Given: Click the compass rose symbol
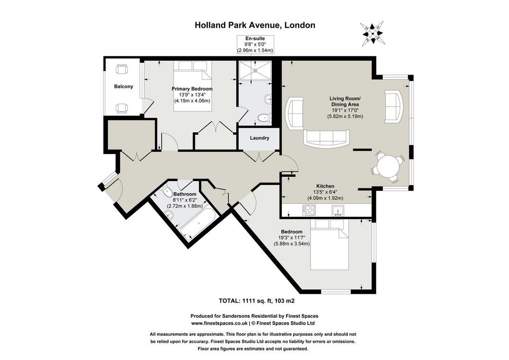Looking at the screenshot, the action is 372,34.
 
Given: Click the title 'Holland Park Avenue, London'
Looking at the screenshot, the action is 255,25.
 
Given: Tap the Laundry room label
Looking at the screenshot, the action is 259,138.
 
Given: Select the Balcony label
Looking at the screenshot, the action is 123,87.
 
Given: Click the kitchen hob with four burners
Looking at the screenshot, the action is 308,210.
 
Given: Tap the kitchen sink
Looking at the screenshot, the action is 338,210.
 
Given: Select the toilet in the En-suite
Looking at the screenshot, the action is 264,118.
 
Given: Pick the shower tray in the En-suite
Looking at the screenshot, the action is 255,70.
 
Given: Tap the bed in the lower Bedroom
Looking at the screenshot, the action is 330,245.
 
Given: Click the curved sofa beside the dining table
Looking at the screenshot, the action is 394,106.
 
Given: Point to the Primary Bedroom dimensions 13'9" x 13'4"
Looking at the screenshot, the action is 192,95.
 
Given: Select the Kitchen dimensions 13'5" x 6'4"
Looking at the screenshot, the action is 325,192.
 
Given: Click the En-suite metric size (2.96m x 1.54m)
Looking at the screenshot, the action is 255,50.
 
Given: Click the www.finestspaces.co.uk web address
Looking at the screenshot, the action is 219,323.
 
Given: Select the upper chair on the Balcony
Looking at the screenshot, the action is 122,69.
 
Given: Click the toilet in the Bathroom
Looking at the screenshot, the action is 167,191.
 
